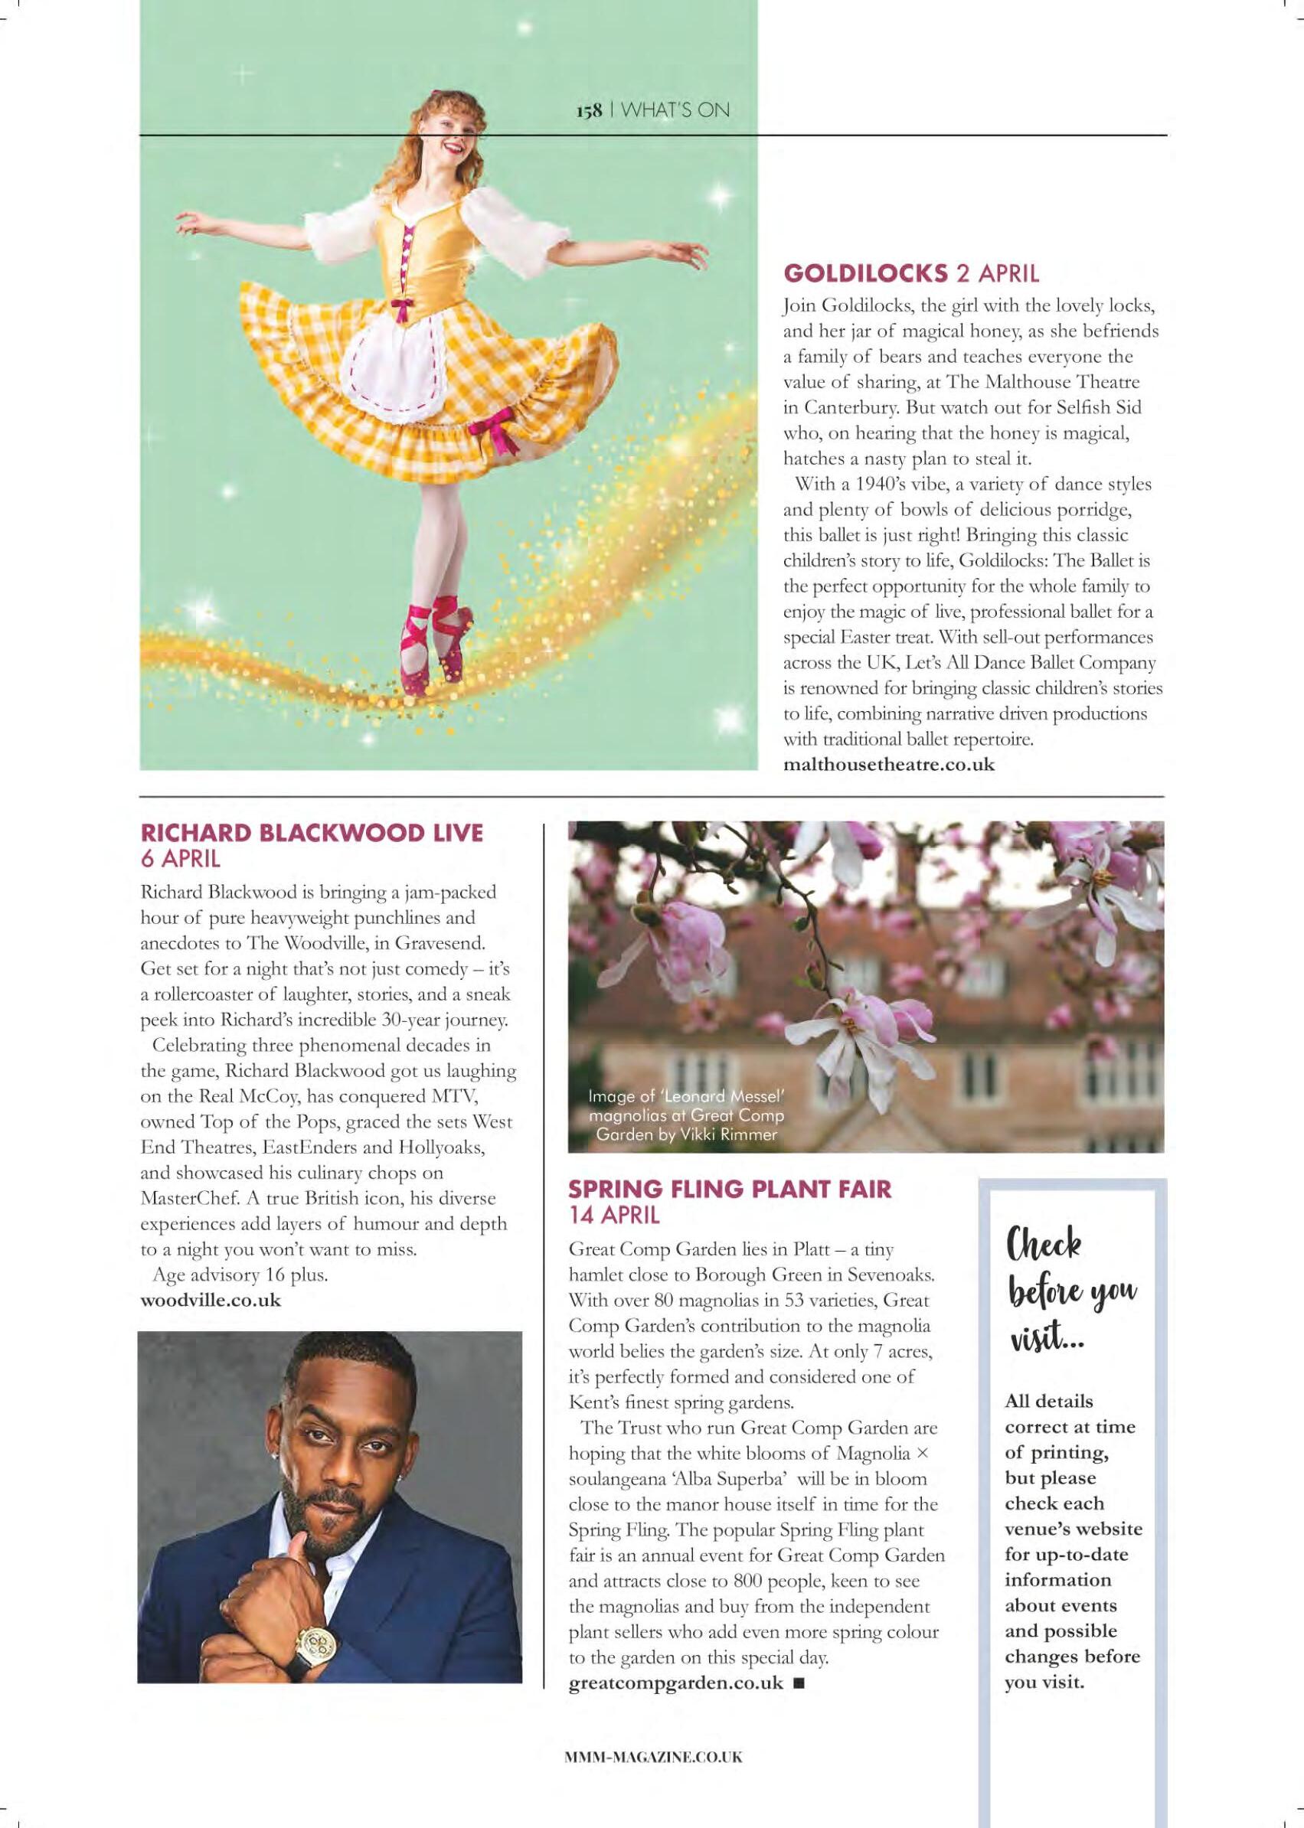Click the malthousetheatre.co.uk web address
click(x=889, y=764)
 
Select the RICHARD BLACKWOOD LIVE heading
click(x=312, y=833)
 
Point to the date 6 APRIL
click(x=180, y=858)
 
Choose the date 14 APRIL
click(x=614, y=1214)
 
